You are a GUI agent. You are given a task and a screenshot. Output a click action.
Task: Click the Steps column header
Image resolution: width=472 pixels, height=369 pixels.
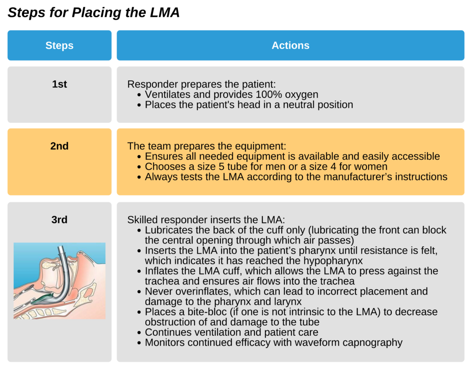coord(59,45)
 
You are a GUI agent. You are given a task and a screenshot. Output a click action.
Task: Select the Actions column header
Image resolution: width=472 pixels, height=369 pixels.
coord(290,45)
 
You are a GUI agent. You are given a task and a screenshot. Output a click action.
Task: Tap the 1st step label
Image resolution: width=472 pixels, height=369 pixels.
coord(59,84)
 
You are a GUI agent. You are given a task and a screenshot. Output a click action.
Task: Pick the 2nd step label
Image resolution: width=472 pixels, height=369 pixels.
coord(59,146)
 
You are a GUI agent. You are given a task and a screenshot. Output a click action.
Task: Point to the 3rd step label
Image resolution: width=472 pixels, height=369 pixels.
coord(59,220)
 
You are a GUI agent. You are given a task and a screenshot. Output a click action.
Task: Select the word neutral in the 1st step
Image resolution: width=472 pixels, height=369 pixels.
coord(290,105)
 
